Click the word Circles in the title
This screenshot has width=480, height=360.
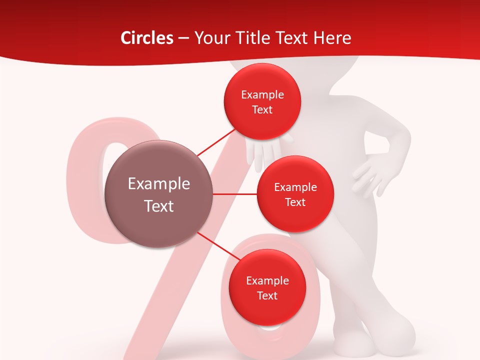pos(146,38)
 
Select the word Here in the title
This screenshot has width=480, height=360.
pos(332,38)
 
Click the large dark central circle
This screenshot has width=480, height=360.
pos(158,193)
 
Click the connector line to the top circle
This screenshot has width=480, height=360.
pos(217,141)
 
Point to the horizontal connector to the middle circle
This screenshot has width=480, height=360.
pos(235,193)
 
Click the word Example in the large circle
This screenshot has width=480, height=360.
pos(159,184)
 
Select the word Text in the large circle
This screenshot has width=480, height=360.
pos(159,206)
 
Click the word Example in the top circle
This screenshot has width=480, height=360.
pos(262,95)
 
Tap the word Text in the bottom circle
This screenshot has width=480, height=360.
pos(267,295)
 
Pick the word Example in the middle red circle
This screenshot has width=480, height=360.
pos(295,187)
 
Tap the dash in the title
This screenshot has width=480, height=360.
pos(183,38)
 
